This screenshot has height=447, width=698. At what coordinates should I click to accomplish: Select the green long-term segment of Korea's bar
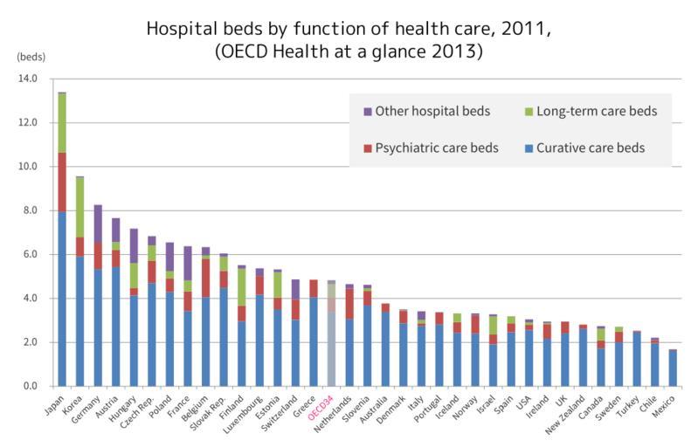point(79,207)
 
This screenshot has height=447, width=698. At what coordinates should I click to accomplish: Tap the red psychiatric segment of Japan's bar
point(61,182)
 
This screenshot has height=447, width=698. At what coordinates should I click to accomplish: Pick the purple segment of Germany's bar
point(98,223)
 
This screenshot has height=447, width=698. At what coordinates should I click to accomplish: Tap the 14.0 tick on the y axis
point(28,79)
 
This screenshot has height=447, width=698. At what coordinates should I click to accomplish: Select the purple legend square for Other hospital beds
point(367,112)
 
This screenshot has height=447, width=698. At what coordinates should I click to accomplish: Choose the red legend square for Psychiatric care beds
point(367,148)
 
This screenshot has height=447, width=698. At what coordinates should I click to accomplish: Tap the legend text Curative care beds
point(591,148)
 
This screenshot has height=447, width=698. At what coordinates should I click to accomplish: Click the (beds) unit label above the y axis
point(31,55)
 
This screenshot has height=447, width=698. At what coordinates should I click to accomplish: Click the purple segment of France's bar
point(187,263)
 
